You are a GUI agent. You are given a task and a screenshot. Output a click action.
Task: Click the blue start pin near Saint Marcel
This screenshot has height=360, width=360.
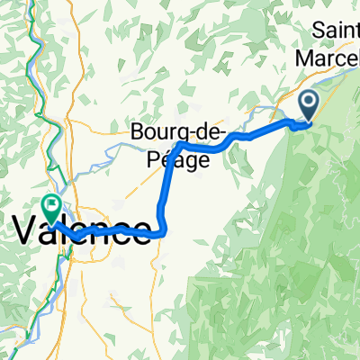[308, 105]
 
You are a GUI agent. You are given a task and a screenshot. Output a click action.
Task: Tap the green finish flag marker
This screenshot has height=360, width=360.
[50, 206]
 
